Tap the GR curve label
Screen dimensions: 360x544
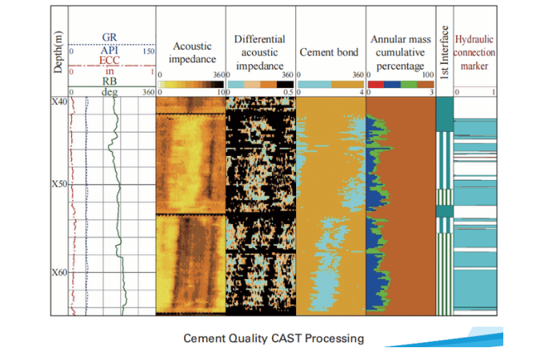[111, 38]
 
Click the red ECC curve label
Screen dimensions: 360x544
[111, 60]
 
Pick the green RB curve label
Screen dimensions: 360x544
[111, 81]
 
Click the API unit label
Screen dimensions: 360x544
[111, 50]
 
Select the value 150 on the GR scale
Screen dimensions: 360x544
[147, 51]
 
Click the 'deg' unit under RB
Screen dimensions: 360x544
[111, 92]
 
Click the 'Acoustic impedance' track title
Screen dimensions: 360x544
[191, 52]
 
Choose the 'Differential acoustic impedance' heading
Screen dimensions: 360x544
[261, 51]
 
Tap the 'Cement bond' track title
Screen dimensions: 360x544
[330, 52]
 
